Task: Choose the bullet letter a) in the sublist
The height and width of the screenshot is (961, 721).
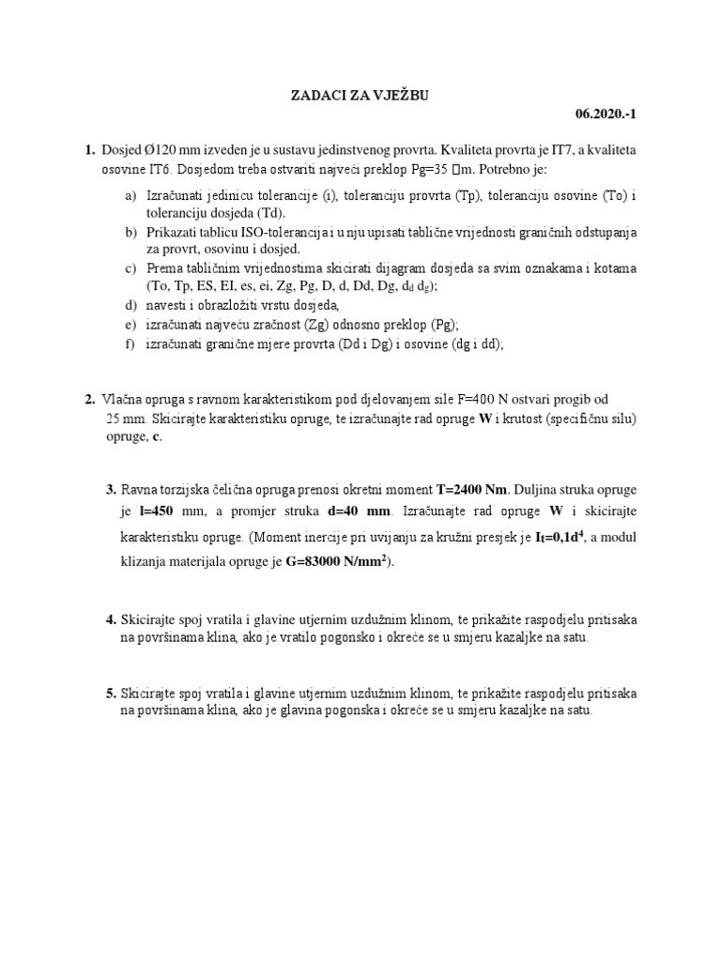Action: click(130, 196)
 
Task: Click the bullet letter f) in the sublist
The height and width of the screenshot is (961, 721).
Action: click(130, 344)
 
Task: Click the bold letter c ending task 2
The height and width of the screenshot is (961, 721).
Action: click(156, 437)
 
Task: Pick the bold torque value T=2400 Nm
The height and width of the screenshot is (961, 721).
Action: click(472, 490)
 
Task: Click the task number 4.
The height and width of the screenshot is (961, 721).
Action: click(111, 620)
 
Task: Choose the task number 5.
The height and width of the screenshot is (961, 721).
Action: click(111, 694)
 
